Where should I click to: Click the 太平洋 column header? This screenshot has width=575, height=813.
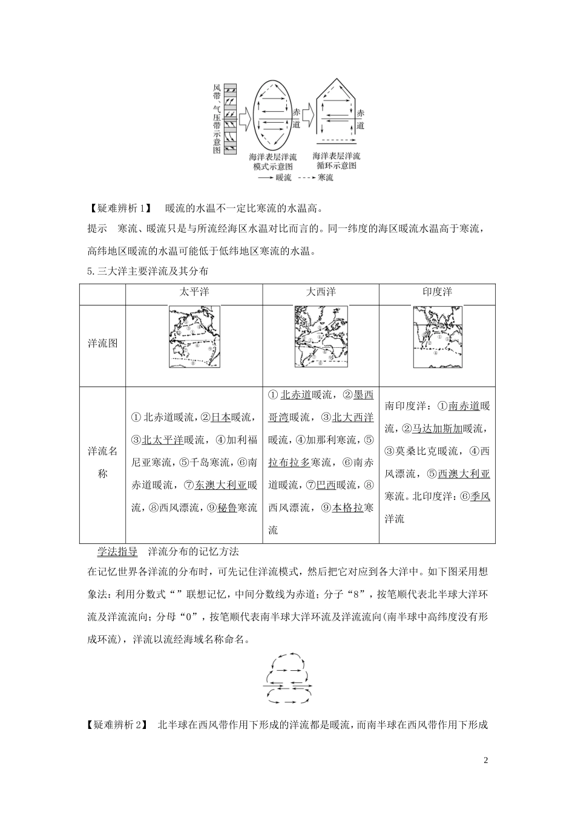pos(194,292)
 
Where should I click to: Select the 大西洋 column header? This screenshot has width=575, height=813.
pos(321,292)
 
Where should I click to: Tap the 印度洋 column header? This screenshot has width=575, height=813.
pos(437,292)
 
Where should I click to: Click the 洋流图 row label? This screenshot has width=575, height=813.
pos(102,344)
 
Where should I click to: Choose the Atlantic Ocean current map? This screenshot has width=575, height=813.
pos(321,336)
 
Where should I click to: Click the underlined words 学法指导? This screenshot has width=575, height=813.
pos(117,552)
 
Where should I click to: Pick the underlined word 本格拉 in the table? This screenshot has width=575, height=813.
pos(347,508)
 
